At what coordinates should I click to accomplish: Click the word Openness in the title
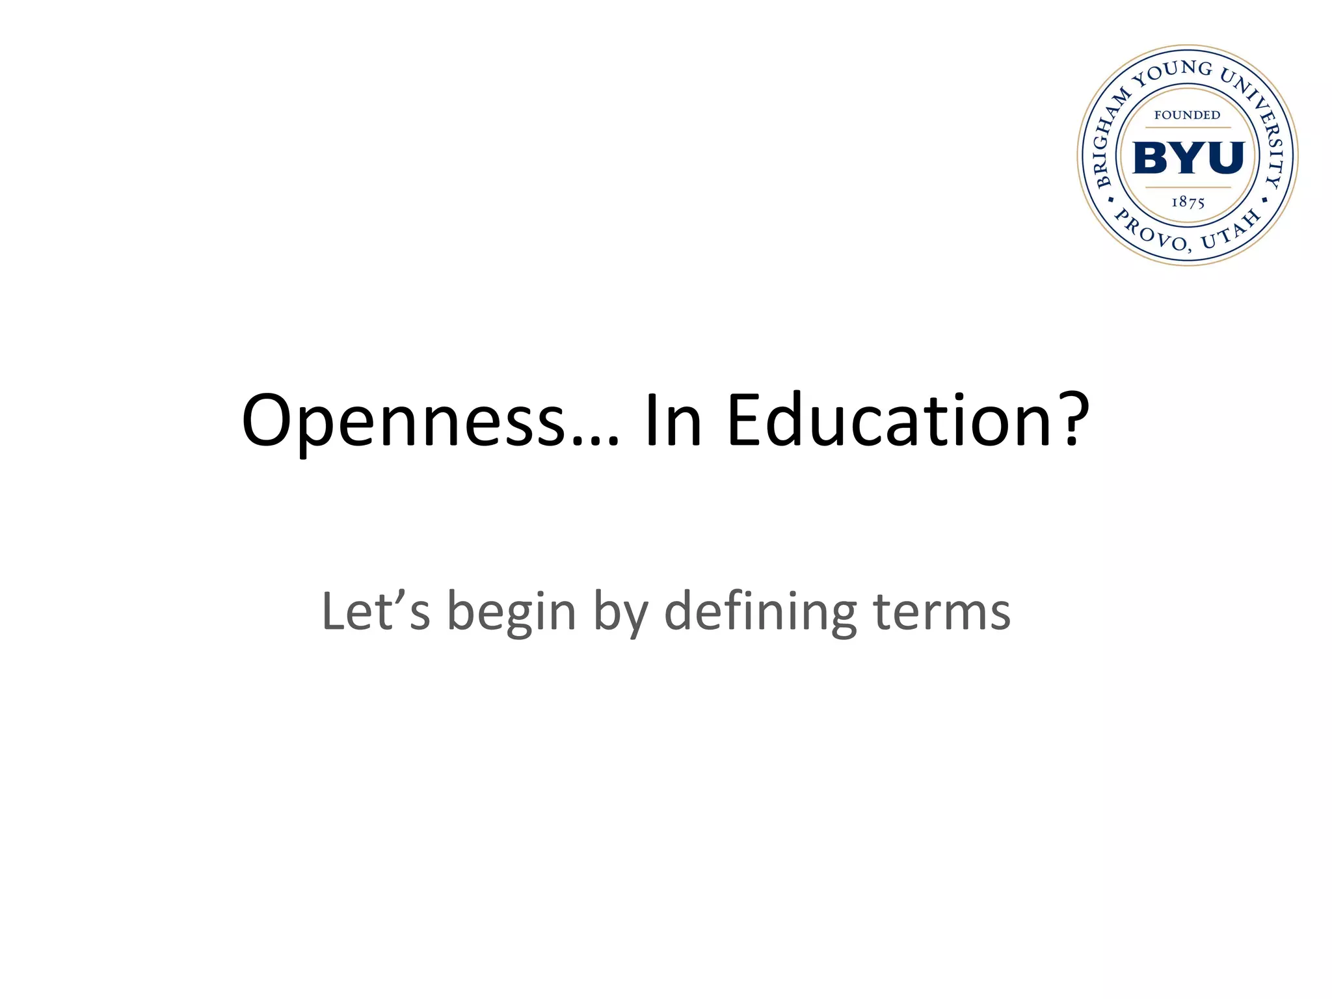tap(403, 421)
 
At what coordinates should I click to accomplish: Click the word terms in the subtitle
tap(942, 613)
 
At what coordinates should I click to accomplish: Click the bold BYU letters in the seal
tap(1188, 157)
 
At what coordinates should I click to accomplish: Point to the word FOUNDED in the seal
tap(1188, 115)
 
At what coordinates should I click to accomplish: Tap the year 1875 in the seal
tap(1188, 202)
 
